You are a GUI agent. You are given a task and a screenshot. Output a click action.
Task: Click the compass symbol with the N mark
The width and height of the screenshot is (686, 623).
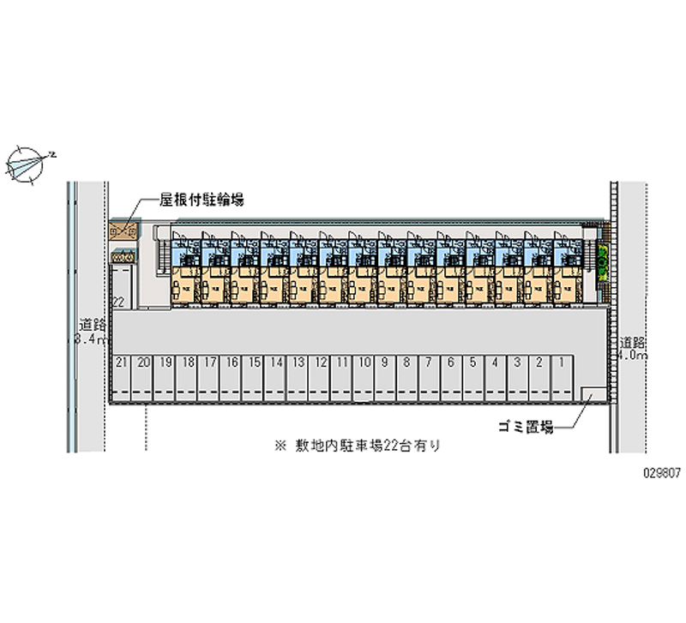tap(29, 163)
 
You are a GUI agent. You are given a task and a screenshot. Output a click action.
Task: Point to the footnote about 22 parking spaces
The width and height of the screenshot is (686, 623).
tap(357, 446)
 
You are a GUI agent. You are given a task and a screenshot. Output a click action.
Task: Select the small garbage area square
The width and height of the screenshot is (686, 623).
tap(591, 394)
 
